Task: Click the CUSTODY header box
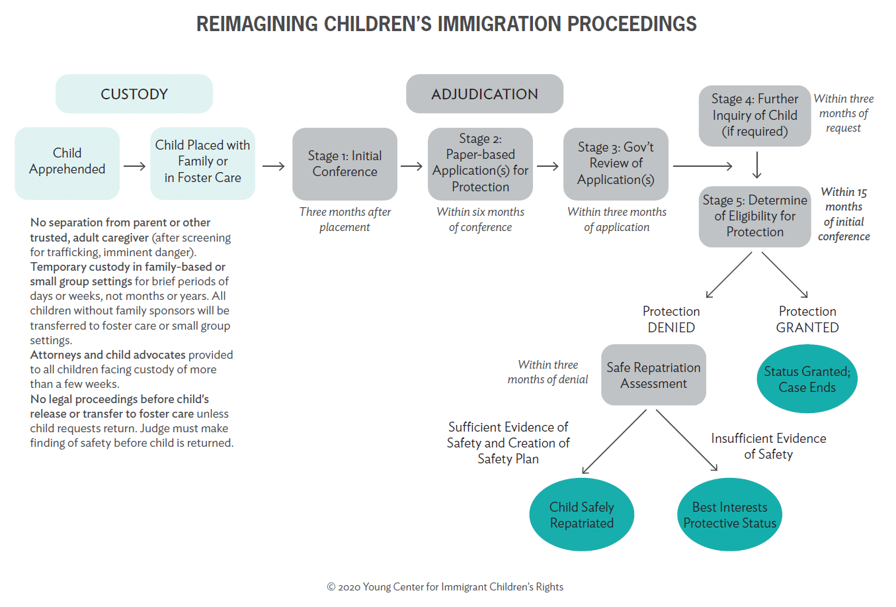[134, 94]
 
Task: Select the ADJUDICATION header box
[484, 94]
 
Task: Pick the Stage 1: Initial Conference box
[345, 163]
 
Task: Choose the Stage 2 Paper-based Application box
[480, 163]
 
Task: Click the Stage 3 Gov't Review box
[616, 163]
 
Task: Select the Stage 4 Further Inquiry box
[754, 116]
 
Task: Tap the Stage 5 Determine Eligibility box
[754, 216]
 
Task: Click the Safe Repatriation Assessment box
[653, 375]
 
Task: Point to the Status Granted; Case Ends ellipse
[807, 379]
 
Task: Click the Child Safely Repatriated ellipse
[582, 514]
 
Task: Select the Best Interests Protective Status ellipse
[729, 514]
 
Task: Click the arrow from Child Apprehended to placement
[134, 166]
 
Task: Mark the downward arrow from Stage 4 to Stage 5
[757, 165]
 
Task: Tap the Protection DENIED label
[671, 319]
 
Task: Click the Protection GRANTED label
[807, 319]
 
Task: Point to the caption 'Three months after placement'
[345, 219]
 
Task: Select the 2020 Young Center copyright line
[445, 586]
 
